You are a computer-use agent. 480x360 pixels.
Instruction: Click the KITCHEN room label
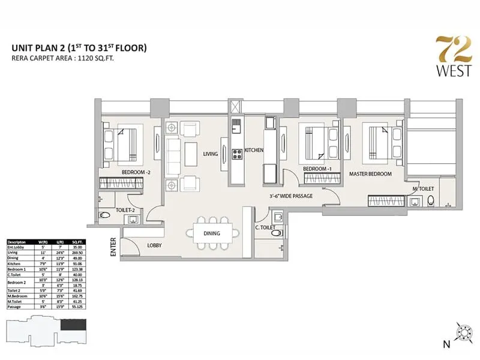(x=254, y=150)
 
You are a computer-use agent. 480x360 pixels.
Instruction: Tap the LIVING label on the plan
(x=210, y=154)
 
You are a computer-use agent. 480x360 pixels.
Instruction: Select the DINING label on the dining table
(x=211, y=233)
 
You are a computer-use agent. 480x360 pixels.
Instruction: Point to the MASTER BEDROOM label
(x=370, y=174)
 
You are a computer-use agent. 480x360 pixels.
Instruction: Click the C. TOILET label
(x=265, y=227)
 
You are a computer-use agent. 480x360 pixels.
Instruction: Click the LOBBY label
(x=156, y=245)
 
